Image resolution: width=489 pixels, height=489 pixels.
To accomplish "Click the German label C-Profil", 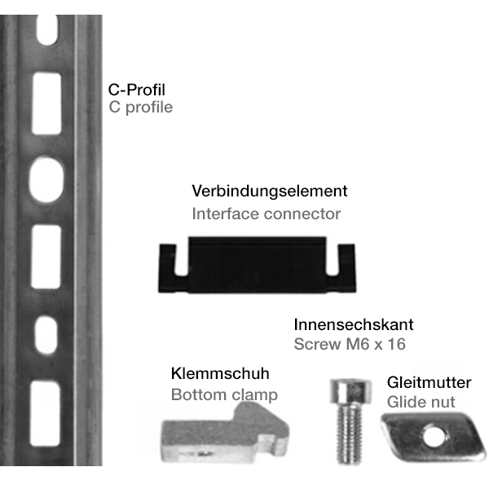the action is [137, 90].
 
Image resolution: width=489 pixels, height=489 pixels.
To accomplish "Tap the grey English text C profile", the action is [141, 108].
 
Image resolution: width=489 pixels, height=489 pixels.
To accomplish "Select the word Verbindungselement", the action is [270, 191].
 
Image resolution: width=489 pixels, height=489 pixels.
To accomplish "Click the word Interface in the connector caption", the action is [225, 214].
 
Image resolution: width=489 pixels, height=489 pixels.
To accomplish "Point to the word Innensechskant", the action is [354, 324].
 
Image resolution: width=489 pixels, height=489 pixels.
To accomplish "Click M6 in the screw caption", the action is [358, 344].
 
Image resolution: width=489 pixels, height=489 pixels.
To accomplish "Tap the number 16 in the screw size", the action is [397, 344].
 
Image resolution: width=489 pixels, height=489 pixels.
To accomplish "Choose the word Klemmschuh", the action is [220, 373].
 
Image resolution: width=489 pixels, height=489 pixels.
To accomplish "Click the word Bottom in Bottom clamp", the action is [198, 394].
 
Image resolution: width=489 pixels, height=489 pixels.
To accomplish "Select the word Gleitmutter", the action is [430, 383].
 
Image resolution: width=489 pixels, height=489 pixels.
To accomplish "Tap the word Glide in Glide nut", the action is [404, 402].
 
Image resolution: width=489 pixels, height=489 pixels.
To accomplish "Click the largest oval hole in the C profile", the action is [46, 179].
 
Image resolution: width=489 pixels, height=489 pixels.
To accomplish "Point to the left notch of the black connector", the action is [181, 261].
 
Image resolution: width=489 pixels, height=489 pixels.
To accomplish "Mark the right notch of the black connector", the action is [333, 261].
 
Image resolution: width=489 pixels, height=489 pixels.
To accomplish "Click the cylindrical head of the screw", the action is [350, 391].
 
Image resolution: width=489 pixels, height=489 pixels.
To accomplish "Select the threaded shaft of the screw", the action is [349, 434].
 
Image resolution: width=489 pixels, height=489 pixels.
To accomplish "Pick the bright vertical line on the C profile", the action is [75, 240].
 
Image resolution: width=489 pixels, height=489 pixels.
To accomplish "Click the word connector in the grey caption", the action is [302, 214].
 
